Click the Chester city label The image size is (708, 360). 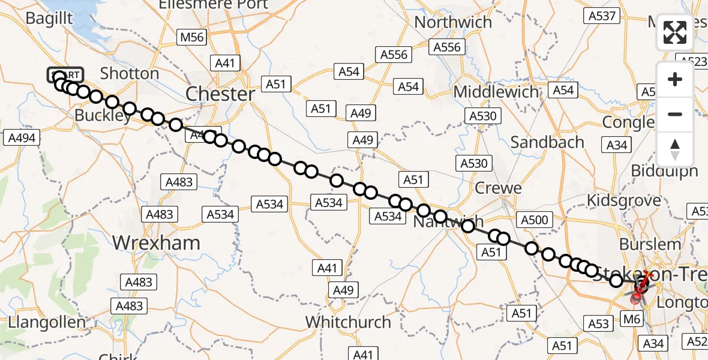point(220,94)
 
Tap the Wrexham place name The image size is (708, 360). point(157,243)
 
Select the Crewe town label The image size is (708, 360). point(498,188)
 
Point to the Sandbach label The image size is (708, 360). point(547,142)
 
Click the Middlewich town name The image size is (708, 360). point(496,92)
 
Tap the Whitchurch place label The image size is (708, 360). point(349,322)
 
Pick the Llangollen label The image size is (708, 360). point(47,322)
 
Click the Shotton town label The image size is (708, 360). point(130,74)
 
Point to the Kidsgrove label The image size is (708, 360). point(623,200)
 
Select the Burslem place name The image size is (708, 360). point(650,244)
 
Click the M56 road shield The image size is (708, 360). point(192,38)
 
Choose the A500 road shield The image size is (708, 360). point(535,220)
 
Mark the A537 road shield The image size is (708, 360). point(602,16)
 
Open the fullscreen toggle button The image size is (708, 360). point(675,32)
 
